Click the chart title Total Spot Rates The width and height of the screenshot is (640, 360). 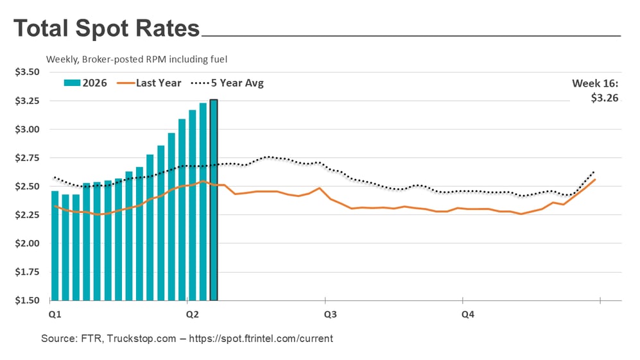click(107, 29)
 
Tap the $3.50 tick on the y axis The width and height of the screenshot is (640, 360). click(28, 73)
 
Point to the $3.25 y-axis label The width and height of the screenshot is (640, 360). click(28, 101)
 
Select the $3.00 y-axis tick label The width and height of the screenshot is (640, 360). click(28, 130)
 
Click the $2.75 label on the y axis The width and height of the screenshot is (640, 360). click(28, 158)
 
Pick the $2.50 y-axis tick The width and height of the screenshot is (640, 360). click(28, 187)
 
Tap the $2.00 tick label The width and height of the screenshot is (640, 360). click(28, 244)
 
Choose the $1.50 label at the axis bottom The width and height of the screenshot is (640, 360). click(28, 300)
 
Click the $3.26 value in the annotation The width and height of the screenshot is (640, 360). click(605, 99)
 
